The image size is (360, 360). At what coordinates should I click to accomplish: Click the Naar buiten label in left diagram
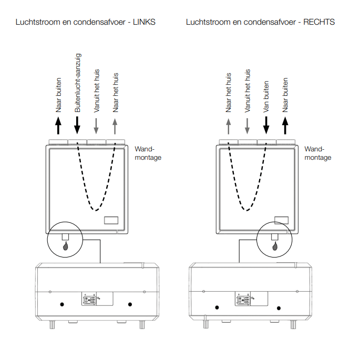[x=58, y=95]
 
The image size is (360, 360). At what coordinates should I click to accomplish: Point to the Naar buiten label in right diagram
[x=285, y=95]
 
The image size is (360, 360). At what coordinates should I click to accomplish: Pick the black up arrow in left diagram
[x=58, y=126]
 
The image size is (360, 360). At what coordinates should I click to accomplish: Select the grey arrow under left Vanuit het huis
[x=96, y=126]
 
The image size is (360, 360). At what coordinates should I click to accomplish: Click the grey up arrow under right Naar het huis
[x=228, y=126]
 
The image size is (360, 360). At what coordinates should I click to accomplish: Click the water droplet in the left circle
[x=65, y=245]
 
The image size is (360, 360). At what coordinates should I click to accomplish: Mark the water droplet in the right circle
[x=274, y=245]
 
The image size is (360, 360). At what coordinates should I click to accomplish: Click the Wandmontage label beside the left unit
[x=147, y=153]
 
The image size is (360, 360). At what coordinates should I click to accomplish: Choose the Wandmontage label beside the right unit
[x=317, y=153]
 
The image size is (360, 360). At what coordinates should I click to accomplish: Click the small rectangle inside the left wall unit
[x=111, y=221]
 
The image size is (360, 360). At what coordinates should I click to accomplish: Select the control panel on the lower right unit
[x=244, y=300]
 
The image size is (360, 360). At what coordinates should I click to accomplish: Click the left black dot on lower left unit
[x=61, y=304]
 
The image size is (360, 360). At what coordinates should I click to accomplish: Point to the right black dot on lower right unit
[x=279, y=307]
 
